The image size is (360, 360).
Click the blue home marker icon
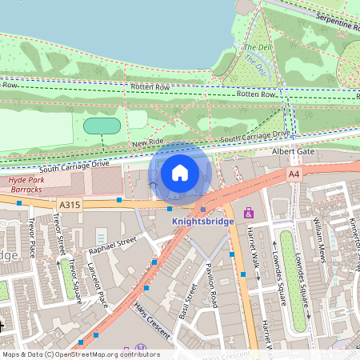(180, 172)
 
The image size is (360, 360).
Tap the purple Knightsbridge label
(202, 221)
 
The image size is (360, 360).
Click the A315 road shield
(70, 205)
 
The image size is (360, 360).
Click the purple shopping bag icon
(248, 214)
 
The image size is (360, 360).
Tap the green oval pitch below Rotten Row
(102, 126)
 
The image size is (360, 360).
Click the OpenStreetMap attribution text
(80, 354)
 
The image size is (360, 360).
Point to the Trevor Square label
(74, 280)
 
